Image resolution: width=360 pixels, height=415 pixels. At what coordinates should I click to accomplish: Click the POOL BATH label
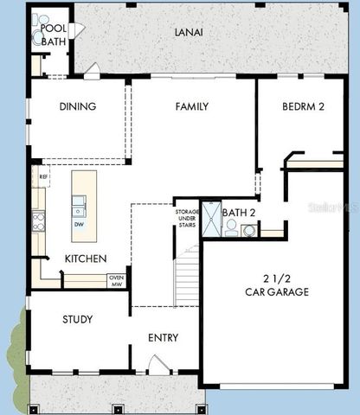point(54,34)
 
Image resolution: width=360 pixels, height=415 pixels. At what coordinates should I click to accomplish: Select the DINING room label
point(77,107)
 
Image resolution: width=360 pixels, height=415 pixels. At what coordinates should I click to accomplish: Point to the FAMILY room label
point(191,107)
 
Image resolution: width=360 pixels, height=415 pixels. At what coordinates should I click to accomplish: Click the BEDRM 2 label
point(304,107)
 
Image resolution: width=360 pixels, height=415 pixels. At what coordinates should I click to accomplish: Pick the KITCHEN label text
point(86,259)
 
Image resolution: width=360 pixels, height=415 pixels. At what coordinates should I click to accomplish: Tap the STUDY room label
point(77,319)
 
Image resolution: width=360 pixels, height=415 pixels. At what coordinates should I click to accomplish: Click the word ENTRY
point(164,338)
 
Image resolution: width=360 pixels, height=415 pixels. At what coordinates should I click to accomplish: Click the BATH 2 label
point(240,212)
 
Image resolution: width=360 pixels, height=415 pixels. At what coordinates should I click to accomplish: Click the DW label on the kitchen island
point(79,225)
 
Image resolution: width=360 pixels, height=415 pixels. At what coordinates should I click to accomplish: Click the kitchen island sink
point(79,206)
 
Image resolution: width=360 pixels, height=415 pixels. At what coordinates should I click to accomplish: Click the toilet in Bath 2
point(231,227)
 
